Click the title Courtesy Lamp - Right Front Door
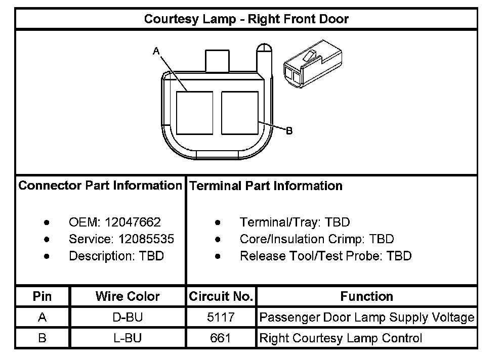(246, 19)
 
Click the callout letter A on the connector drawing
(156, 50)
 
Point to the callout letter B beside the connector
(289, 131)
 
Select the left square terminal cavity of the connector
(194, 113)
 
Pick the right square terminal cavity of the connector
(240, 113)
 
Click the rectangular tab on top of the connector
(217, 61)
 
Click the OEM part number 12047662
(133, 222)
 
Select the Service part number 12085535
(146, 239)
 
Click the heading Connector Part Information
(100, 186)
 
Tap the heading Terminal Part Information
(266, 186)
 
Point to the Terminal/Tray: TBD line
(295, 222)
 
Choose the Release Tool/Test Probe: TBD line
(325, 256)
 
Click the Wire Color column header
(128, 296)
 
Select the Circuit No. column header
(221, 296)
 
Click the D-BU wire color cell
(128, 318)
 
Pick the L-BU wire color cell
(128, 338)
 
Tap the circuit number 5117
(221, 318)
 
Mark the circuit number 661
(221, 338)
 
